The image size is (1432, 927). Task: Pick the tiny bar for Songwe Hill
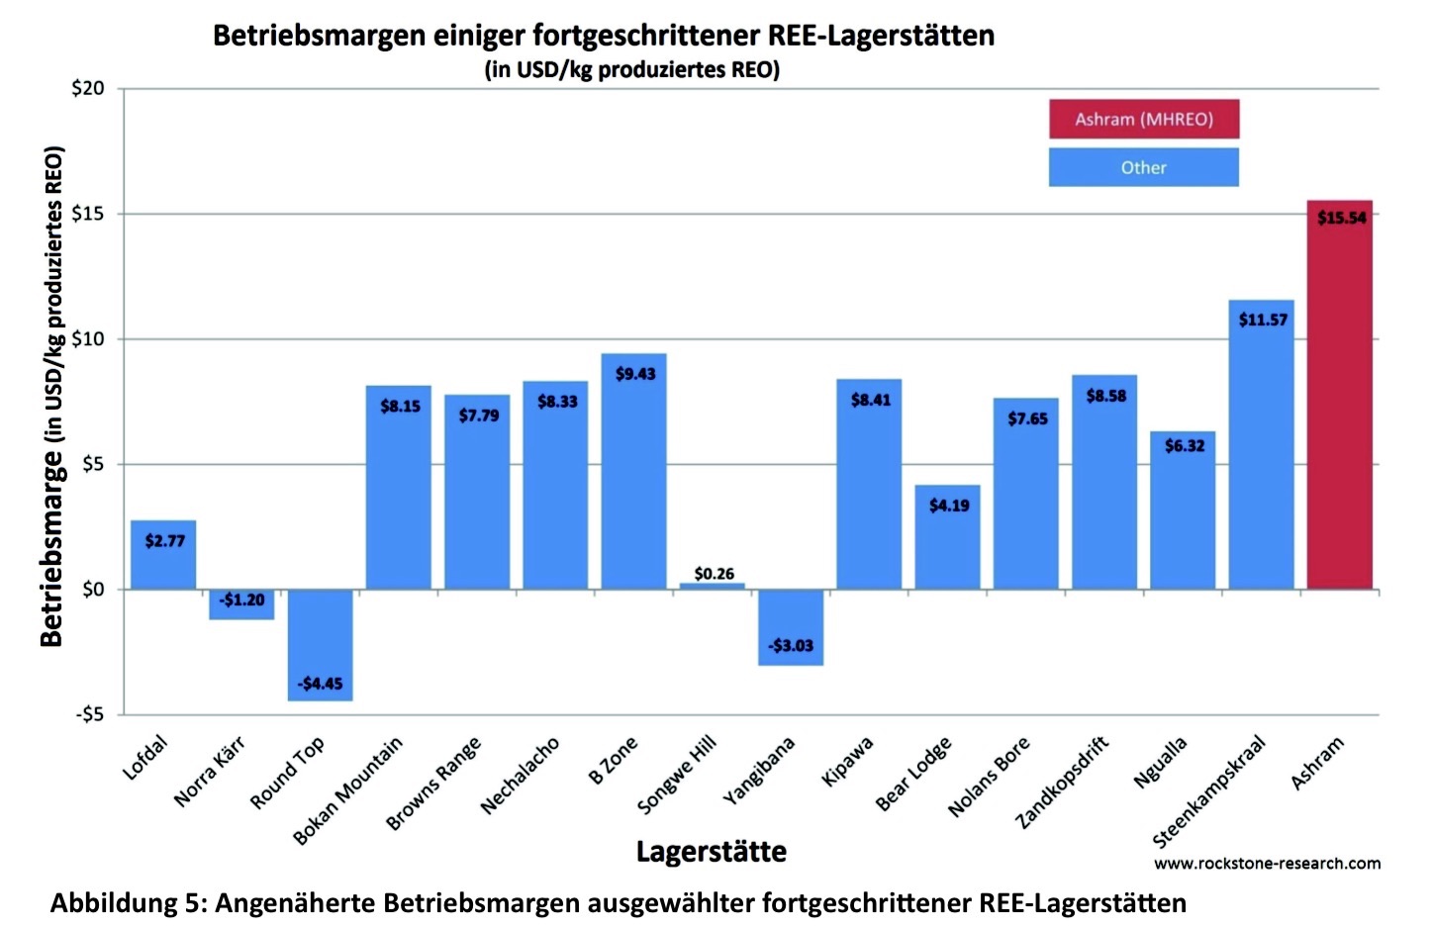tap(713, 587)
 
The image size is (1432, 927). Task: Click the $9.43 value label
tap(635, 374)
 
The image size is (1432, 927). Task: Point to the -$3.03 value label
tap(791, 646)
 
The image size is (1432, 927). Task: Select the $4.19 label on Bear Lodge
tap(949, 506)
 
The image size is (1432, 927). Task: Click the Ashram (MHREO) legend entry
tap(1144, 120)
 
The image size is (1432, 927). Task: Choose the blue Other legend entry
tap(1144, 168)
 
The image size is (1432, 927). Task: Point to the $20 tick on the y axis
tap(88, 89)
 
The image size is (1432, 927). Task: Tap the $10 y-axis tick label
tap(88, 339)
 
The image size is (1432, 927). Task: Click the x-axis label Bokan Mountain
tap(348, 790)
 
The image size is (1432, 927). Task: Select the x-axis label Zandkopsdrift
tap(1063, 783)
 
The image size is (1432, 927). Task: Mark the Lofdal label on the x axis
tap(145, 759)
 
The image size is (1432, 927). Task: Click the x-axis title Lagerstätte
tap(711, 852)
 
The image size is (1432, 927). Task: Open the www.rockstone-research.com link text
tap(1267, 864)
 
